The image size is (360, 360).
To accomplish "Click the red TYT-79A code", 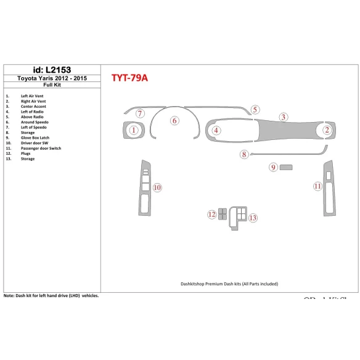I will [129, 78].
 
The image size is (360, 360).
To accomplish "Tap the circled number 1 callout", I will [134, 129].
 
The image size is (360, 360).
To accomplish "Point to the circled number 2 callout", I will [327, 129].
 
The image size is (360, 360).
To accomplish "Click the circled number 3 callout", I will [283, 117].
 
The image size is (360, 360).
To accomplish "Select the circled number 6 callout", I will [174, 121].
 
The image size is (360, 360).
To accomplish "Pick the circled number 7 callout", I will [140, 113].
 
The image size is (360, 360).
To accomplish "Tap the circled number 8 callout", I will [244, 154].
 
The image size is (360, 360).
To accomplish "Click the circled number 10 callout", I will [157, 187].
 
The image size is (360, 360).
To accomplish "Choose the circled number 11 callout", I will [317, 186].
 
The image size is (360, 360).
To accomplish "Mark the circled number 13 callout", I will [253, 218].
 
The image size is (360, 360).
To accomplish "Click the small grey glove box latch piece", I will [287, 167].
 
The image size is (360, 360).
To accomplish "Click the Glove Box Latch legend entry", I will [35, 137].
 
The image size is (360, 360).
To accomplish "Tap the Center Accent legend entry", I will [34, 106].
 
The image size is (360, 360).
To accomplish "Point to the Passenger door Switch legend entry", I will [41, 148].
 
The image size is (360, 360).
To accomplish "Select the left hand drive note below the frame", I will [52, 296].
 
